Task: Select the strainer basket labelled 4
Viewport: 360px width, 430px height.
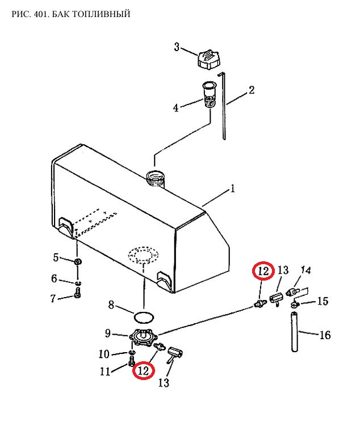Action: tap(210, 95)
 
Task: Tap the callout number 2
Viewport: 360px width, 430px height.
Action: tap(252, 90)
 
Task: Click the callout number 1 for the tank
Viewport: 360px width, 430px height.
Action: tap(233, 189)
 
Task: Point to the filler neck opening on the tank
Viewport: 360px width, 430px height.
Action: tap(156, 178)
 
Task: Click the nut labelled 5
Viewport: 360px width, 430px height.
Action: tap(78, 261)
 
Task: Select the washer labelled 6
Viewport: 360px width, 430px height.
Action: tap(78, 282)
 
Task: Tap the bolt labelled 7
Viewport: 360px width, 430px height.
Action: tap(77, 293)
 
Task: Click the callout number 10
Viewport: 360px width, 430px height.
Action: tap(104, 354)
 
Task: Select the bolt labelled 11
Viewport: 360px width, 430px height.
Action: tap(131, 361)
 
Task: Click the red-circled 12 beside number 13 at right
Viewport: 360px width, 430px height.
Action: tap(263, 271)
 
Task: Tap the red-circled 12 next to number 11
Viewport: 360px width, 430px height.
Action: tap(144, 371)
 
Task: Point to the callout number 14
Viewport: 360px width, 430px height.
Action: tap(305, 270)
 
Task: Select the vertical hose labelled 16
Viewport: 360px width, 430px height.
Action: tap(295, 332)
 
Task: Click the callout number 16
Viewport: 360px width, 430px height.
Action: tap(325, 335)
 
